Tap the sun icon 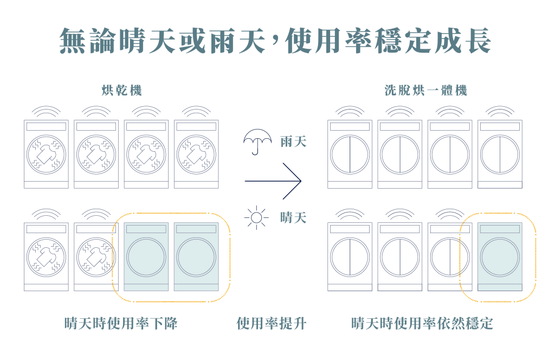256,218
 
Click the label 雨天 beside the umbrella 294,142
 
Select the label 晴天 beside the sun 294,218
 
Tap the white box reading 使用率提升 273,324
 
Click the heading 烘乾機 122,91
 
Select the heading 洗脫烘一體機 425,91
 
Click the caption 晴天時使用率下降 121,324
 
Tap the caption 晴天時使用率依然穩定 422,324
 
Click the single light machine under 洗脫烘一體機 500,256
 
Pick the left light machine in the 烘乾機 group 146,256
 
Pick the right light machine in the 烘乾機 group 196,256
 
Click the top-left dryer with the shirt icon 47,153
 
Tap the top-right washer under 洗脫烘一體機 500,153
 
